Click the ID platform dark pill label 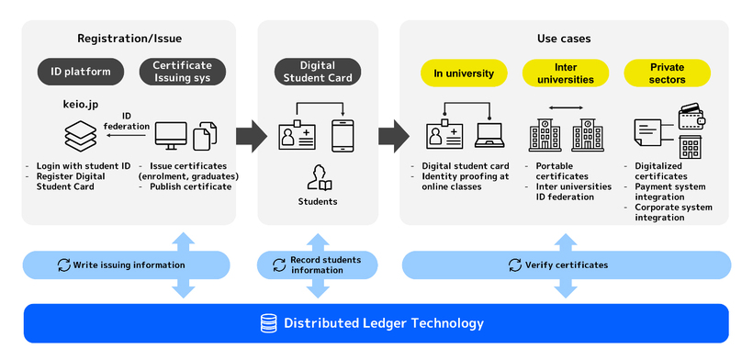coord(81,73)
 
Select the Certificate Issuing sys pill coord(182,73)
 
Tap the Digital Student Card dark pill coord(318,73)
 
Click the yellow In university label coord(464,73)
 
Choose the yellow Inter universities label coord(565,73)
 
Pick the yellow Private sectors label coord(667,73)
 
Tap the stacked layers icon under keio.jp coord(80,137)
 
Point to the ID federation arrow coord(128,136)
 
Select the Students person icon coord(318,176)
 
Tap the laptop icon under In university coord(489,137)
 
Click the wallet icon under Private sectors coord(691,118)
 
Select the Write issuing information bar coord(127,265)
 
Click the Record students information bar coord(318,265)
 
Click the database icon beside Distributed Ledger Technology coord(268,323)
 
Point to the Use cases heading coord(564,39)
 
